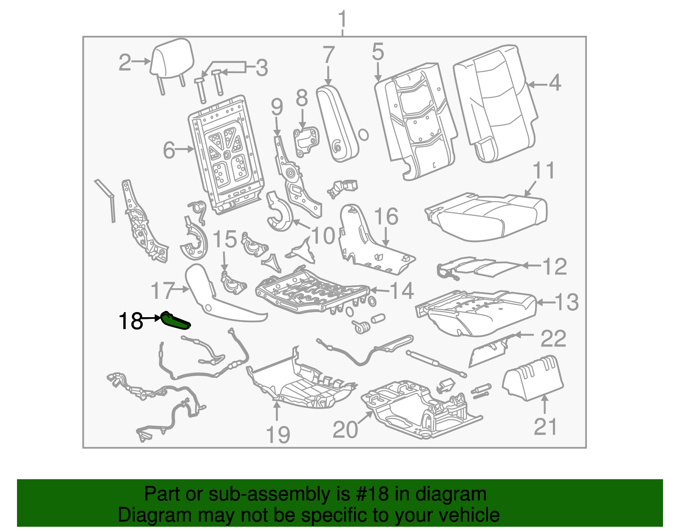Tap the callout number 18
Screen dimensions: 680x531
[x=131, y=321]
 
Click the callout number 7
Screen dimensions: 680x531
[x=329, y=55]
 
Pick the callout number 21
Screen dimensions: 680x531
[x=545, y=426]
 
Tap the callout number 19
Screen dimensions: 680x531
[x=278, y=434]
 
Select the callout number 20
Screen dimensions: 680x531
[x=345, y=430]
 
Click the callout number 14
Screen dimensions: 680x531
[x=402, y=290]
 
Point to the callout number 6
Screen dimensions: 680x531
[x=169, y=150]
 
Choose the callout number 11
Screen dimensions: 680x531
[x=544, y=170]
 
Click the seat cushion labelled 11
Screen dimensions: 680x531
[x=486, y=216]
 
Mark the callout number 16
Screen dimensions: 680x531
[x=386, y=216]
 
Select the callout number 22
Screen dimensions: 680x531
[x=553, y=338]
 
